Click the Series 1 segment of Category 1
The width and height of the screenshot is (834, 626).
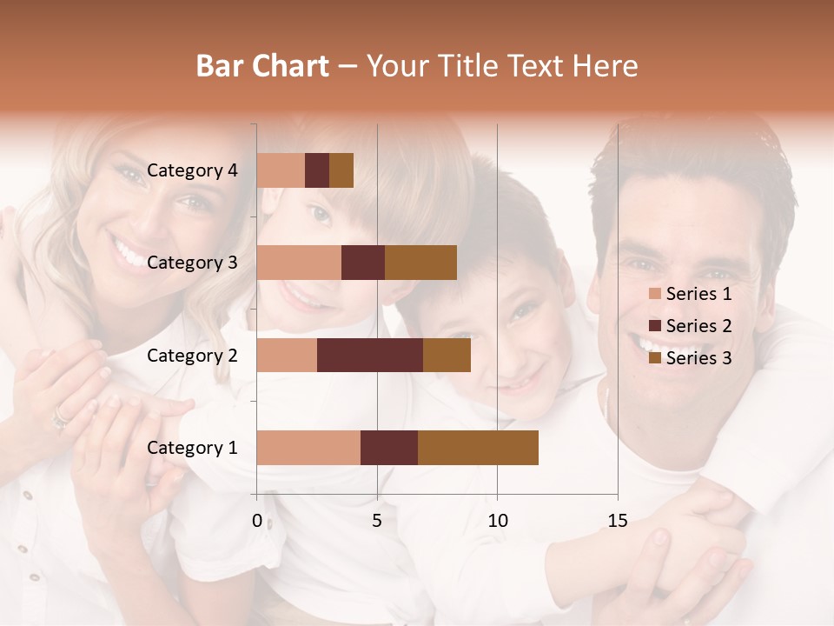(x=308, y=447)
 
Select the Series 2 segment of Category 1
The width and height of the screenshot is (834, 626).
(x=389, y=447)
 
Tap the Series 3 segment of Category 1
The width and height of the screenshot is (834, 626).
(x=478, y=447)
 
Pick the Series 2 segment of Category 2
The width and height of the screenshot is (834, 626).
(x=370, y=355)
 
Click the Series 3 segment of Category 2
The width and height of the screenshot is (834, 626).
(x=447, y=355)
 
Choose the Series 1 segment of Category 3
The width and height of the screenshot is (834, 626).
(x=299, y=263)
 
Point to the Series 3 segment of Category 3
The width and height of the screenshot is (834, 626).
(x=420, y=263)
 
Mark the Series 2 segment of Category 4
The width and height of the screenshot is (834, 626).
(x=317, y=170)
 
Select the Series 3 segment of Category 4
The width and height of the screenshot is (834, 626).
(x=341, y=170)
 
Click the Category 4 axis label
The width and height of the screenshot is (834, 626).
(x=192, y=170)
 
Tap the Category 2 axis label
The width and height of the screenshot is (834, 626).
(x=192, y=355)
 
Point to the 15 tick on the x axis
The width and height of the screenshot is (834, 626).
(x=617, y=521)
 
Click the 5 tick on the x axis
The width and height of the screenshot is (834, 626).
(x=377, y=521)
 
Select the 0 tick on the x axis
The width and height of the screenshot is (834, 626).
(x=257, y=521)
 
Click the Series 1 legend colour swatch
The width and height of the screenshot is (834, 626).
(x=654, y=294)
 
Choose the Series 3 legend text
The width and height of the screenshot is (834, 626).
(x=698, y=357)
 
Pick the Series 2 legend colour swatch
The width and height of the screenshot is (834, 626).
(x=654, y=326)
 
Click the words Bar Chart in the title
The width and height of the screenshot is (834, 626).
(x=262, y=66)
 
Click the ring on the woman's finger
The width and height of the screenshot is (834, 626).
(x=60, y=421)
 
